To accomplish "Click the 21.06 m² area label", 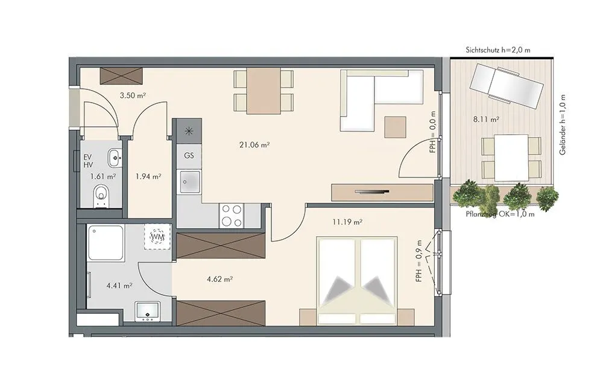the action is coord(254,145).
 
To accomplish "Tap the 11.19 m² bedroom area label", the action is coord(348,222).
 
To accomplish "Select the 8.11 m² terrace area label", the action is coord(486,120).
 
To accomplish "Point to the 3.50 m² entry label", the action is coord(133,95).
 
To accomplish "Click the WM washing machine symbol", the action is coord(157,237).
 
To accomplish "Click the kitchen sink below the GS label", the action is coord(189,182).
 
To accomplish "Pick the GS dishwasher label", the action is coord(189,156).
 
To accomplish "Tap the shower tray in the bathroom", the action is coord(106,243).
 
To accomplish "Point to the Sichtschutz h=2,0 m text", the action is coord(498,50).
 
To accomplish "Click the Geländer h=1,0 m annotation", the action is coord(563,125).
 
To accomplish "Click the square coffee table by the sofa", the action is coord(396,127).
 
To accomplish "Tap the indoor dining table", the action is coord(264,91).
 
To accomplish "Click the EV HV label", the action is coord(88,161).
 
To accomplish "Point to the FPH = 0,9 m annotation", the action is coord(419,261).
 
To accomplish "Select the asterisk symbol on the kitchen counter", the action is coord(189,131).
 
